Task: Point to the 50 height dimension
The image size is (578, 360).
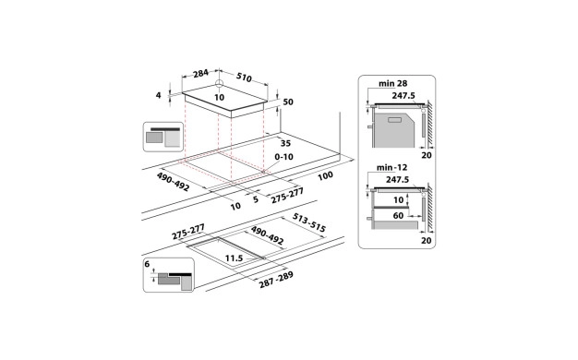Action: (x=286, y=102)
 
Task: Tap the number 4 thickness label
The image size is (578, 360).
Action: (x=159, y=95)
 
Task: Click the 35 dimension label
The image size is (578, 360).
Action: (x=285, y=144)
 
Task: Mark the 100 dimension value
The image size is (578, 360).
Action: (x=325, y=174)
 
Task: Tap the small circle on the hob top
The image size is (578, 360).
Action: (x=219, y=81)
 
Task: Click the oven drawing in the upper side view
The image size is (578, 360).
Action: (x=395, y=128)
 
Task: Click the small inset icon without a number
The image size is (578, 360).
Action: (x=162, y=137)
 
